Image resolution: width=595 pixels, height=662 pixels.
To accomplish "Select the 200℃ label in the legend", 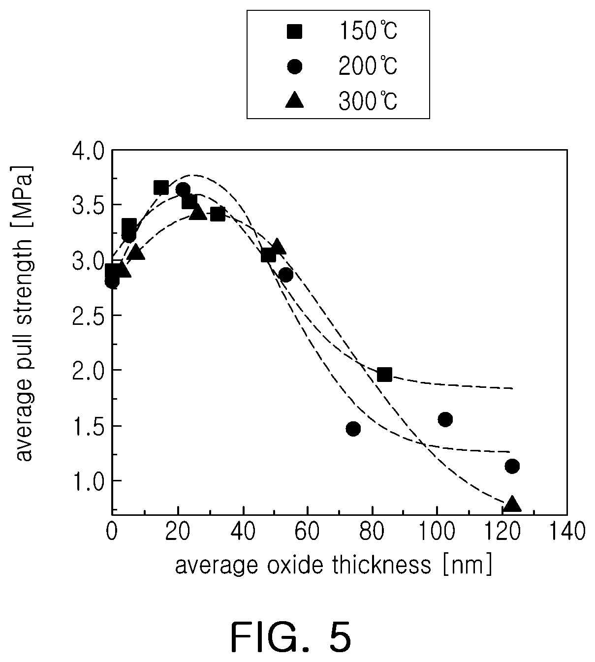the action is [x=368, y=66].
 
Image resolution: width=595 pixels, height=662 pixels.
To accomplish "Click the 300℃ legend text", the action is [x=368, y=100].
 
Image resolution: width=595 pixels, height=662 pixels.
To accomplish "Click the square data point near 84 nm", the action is [x=384, y=374].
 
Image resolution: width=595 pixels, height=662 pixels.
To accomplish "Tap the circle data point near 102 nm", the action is [x=445, y=419].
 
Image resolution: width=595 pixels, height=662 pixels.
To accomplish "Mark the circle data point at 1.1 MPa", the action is [x=512, y=466].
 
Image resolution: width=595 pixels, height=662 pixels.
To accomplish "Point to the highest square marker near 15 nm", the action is [x=161, y=188].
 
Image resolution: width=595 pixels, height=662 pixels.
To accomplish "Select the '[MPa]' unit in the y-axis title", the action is [x=25, y=196].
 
